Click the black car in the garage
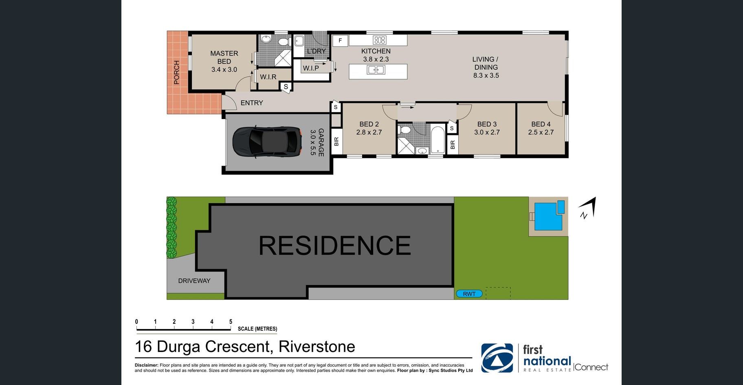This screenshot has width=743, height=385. click(267, 142)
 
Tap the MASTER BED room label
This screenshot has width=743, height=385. click(224, 57)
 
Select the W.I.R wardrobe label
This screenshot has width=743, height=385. click(268, 77)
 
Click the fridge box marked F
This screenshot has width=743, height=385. click(340, 40)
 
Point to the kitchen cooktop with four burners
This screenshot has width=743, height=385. click(380, 40)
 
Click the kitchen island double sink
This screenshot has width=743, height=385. click(376, 70)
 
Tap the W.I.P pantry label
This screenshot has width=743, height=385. click(311, 68)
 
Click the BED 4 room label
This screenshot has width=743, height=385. click(541, 124)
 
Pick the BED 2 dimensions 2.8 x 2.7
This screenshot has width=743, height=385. click(369, 132)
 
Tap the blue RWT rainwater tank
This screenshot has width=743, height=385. click(469, 294)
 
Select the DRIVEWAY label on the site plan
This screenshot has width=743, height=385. click(194, 281)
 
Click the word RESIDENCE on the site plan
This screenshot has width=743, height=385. click(335, 246)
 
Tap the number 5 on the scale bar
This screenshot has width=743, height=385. click(231, 322)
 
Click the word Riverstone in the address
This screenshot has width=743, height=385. click(317, 347)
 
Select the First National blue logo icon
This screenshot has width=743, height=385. click(497, 358)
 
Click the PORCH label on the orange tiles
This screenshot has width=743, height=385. click(176, 72)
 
